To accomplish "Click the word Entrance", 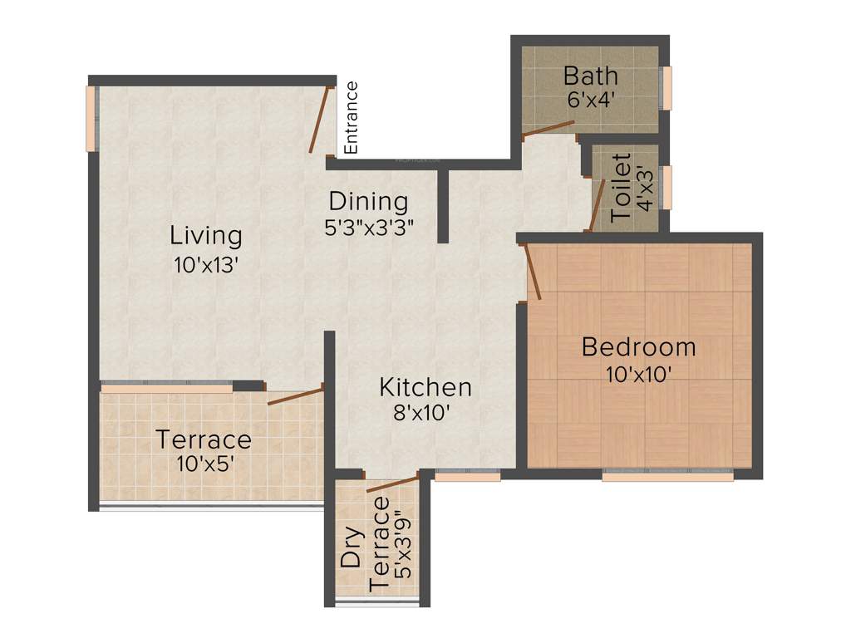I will click(x=352, y=117).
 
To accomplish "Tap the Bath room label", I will click(x=590, y=76).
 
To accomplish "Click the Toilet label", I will click(x=621, y=187).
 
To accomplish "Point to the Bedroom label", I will click(x=638, y=346).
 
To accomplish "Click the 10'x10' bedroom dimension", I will click(x=638, y=374).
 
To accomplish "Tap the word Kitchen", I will click(x=425, y=387).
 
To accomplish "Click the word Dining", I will click(x=368, y=201).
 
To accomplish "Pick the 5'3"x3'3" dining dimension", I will click(x=369, y=227).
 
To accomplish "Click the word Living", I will click(x=206, y=235).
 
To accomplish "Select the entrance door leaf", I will click(x=317, y=121).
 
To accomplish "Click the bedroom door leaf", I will click(x=534, y=271).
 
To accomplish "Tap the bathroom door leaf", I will click(x=548, y=128).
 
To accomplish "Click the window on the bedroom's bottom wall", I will click(x=667, y=476).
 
